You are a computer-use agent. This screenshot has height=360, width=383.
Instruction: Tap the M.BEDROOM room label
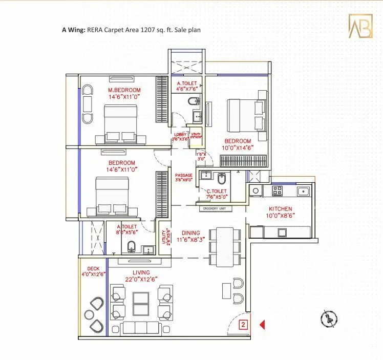pos(124,90)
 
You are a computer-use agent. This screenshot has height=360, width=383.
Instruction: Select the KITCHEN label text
pos(281,209)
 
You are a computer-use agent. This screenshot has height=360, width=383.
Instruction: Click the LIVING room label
pos(141,272)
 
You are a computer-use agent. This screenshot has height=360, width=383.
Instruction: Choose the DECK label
pos(93,268)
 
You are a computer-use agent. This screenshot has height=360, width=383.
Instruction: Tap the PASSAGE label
pos(184,175)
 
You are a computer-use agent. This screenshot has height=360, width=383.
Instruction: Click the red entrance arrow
pos(262,324)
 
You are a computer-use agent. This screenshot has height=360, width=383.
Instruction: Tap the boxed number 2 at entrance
pos(244,324)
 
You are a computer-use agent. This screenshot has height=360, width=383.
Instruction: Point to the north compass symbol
pos(326,318)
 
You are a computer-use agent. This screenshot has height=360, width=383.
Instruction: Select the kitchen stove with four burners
pos(277,191)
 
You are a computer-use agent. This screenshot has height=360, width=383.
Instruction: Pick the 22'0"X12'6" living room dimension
pos(141,279)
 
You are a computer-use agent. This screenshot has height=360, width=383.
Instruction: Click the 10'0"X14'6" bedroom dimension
pos(238,147)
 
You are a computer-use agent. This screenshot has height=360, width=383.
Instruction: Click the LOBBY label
pos(179,134)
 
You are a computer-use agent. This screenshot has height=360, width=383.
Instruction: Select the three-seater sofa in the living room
pos(141,328)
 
